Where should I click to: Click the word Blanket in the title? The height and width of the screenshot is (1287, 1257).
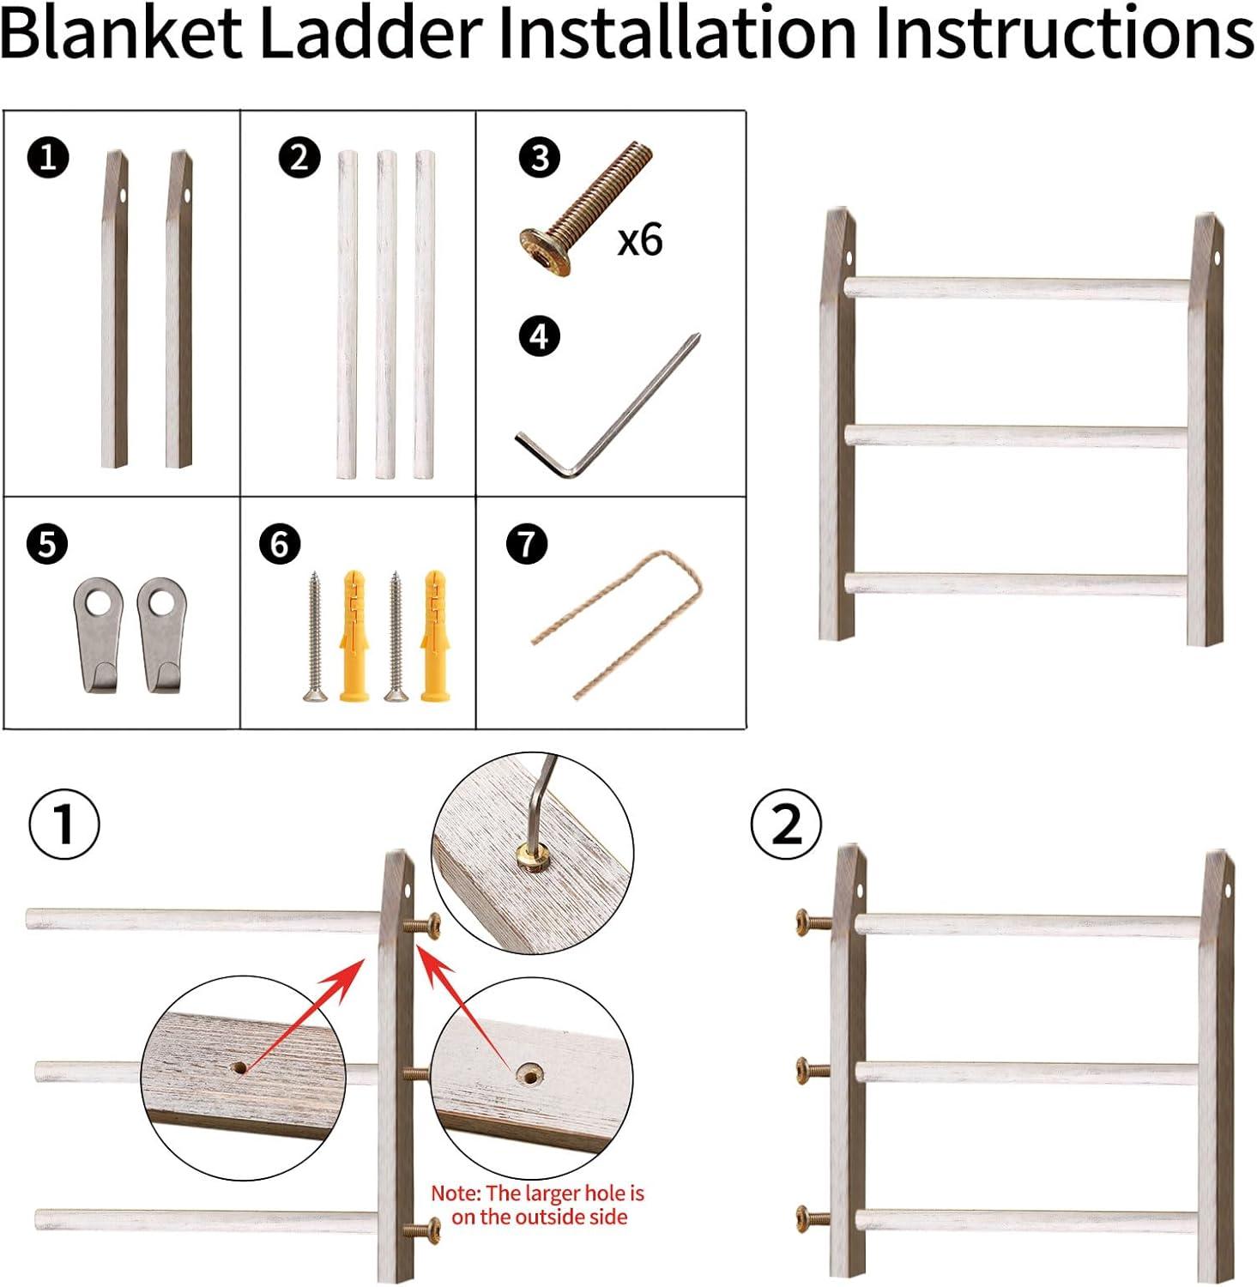pyautogui.click(x=122, y=34)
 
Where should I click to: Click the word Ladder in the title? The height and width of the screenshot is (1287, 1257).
pyautogui.click(x=371, y=34)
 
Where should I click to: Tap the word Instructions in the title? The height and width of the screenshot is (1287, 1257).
pyautogui.click(x=1064, y=34)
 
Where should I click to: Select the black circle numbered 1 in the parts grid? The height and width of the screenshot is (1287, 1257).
pyautogui.click(x=48, y=158)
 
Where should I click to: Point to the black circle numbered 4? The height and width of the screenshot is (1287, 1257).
pyautogui.click(x=540, y=335)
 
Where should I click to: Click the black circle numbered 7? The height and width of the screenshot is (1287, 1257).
pyautogui.click(x=527, y=543)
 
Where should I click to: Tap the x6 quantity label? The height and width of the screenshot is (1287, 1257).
pyautogui.click(x=640, y=240)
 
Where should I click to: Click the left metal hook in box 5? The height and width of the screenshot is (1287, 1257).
pyautogui.click(x=98, y=633)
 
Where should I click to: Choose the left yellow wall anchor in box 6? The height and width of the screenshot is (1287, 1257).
pyautogui.click(x=354, y=635)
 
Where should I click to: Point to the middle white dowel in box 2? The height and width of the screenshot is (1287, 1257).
pyautogui.click(x=386, y=314)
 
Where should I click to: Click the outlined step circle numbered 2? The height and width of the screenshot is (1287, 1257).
pyautogui.click(x=786, y=825)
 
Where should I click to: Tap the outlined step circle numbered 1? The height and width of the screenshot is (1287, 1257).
pyautogui.click(x=64, y=825)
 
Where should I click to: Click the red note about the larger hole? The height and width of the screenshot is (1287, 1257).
pyautogui.click(x=538, y=1205)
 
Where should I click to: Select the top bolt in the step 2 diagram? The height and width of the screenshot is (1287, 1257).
pyautogui.click(x=814, y=922)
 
